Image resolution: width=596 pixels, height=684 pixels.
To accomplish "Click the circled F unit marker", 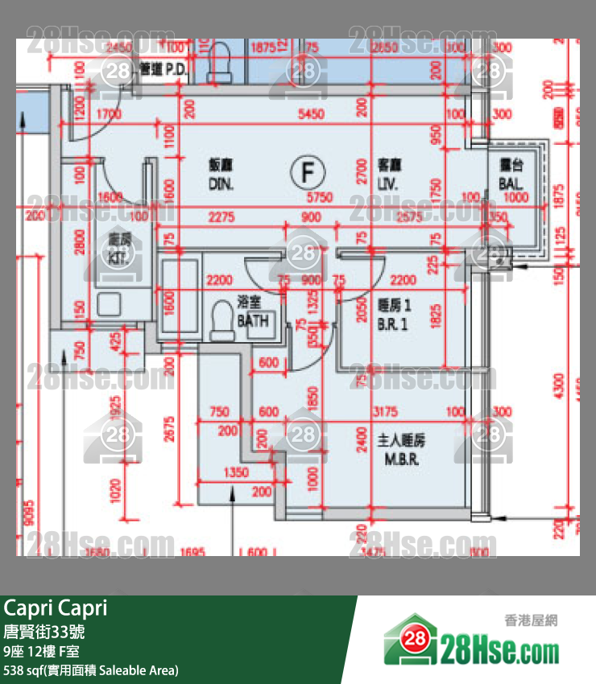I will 307,171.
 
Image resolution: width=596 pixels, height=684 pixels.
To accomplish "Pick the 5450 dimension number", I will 311,114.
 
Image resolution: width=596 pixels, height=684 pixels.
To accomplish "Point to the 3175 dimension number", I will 386,412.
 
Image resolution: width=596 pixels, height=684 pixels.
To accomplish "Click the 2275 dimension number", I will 221,217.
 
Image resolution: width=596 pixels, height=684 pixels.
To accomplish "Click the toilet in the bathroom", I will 218,322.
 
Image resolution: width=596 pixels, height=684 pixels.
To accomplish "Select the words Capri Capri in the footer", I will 56,608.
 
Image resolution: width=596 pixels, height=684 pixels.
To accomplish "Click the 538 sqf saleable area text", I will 91,670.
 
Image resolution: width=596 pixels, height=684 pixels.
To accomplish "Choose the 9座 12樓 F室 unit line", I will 42,650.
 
